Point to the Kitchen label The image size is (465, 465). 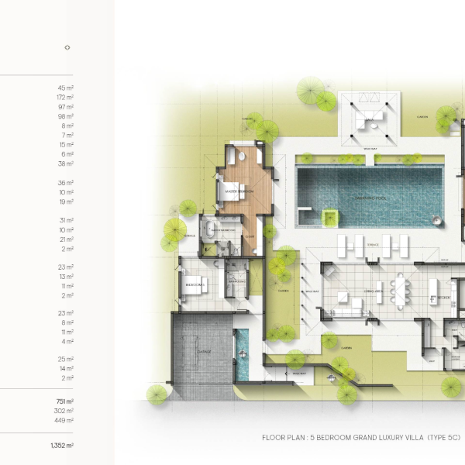444,297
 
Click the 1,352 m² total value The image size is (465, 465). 62,446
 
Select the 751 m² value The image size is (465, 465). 65,401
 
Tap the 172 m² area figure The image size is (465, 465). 65,98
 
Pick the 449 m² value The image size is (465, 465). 65,421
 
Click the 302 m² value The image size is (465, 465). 65,412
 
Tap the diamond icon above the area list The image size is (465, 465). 67,47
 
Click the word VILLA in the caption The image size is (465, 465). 407,438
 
